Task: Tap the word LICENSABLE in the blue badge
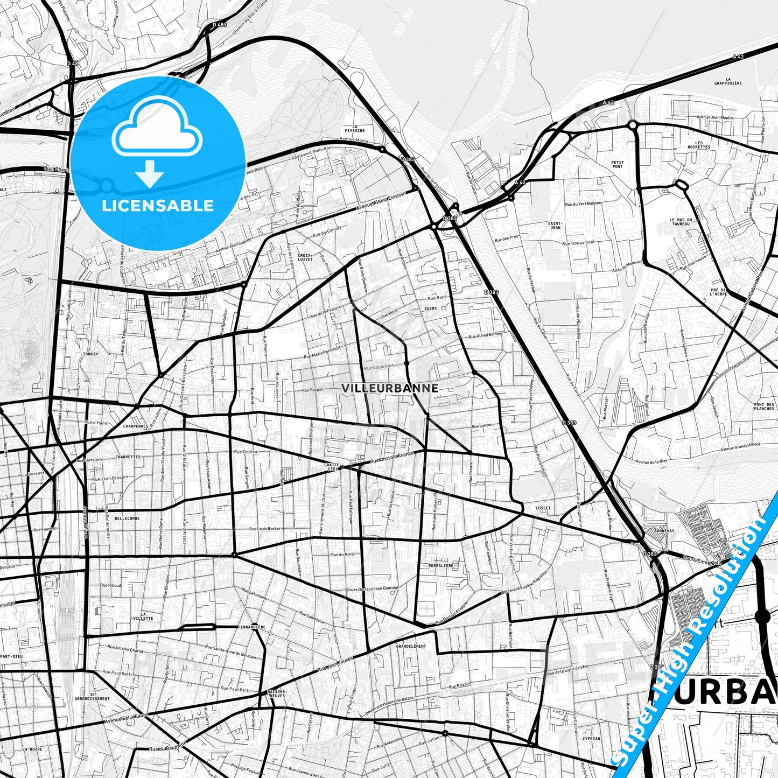[x=158, y=205]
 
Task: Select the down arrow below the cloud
[x=150, y=173]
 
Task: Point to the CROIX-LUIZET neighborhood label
[x=305, y=257]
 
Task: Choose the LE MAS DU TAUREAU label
[x=680, y=222]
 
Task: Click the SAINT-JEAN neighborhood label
[x=555, y=225]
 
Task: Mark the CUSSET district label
[x=543, y=508]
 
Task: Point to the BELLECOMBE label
[x=127, y=518]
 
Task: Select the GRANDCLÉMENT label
[x=411, y=646]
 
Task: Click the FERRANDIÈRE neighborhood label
[x=251, y=627]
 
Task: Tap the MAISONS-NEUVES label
[x=277, y=693]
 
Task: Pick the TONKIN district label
[x=91, y=354]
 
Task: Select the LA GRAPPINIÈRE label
[x=728, y=81]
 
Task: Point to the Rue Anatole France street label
[x=391, y=458]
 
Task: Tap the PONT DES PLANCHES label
[x=764, y=406]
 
